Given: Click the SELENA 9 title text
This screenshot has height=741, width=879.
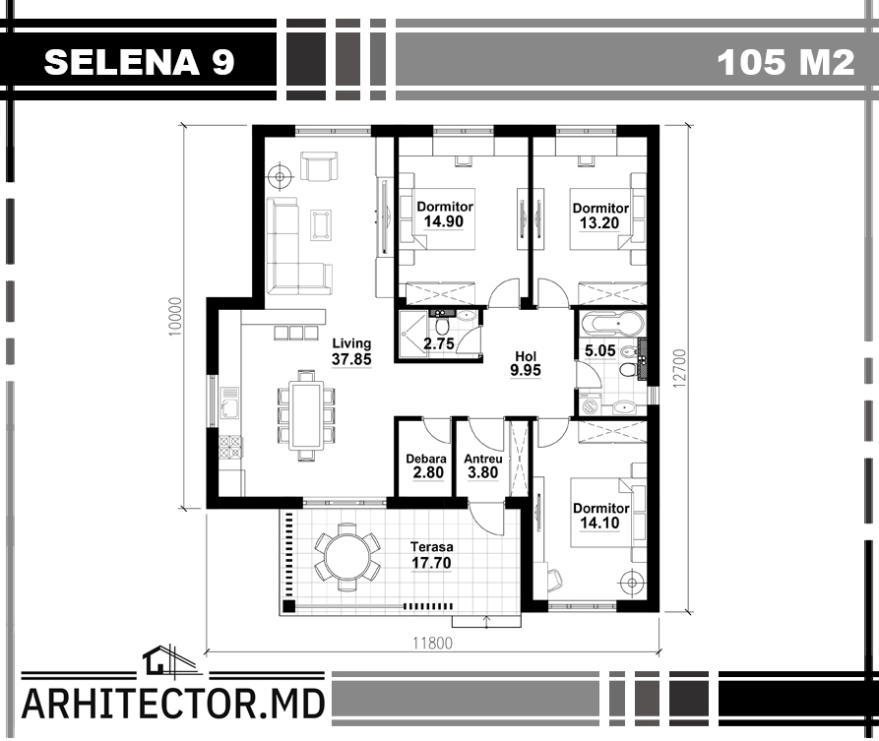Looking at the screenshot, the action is pyautogui.click(x=139, y=62).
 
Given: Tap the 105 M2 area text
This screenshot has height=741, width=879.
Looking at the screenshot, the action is pyautogui.click(x=785, y=62).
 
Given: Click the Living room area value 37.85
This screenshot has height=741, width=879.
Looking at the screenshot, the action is pyautogui.click(x=351, y=359).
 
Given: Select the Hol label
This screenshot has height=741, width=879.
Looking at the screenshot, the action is pyautogui.click(x=526, y=356).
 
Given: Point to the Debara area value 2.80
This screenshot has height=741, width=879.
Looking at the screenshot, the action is pyautogui.click(x=428, y=473).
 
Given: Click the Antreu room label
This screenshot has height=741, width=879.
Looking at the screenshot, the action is pyautogui.click(x=483, y=459).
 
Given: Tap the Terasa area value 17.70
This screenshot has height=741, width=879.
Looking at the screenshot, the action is pyautogui.click(x=431, y=563).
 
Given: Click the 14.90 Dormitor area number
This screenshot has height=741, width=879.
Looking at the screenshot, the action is pyautogui.click(x=443, y=221).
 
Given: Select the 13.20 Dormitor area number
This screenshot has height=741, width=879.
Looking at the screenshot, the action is pyautogui.click(x=599, y=223).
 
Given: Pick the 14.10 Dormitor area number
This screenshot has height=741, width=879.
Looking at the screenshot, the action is pyautogui.click(x=599, y=524).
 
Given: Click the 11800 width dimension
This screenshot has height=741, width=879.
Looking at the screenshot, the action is pyautogui.click(x=432, y=643).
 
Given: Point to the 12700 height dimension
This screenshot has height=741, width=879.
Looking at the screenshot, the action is pyautogui.click(x=679, y=368).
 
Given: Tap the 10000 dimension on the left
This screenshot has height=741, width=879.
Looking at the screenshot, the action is pyautogui.click(x=175, y=317).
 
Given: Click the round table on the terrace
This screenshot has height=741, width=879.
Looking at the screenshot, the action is pyautogui.click(x=347, y=557).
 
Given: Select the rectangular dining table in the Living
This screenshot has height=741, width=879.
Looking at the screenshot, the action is pyautogui.click(x=307, y=414).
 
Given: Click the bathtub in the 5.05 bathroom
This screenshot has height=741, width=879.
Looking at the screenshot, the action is pyautogui.click(x=614, y=324).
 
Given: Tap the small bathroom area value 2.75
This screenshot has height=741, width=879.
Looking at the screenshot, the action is pyautogui.click(x=438, y=343).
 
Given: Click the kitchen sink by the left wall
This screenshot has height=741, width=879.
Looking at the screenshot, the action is pyautogui.click(x=230, y=403).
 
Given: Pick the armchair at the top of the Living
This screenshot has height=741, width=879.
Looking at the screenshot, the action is pyautogui.click(x=319, y=166).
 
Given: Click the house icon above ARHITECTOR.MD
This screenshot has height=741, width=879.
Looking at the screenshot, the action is pyautogui.click(x=168, y=660).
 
